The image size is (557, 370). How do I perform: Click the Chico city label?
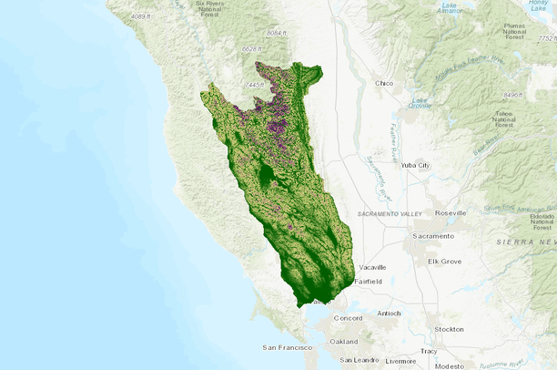click(x=384, y=84)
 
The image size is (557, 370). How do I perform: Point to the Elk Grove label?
click(x=445, y=261)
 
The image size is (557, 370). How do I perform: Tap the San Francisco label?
click(x=287, y=347)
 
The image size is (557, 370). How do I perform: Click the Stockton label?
click(x=449, y=328)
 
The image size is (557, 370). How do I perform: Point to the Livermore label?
click(x=400, y=360)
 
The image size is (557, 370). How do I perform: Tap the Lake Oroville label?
click(x=420, y=102)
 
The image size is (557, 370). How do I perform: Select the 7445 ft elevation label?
click(x=254, y=85)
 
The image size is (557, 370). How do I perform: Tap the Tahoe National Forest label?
click(x=503, y=119)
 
